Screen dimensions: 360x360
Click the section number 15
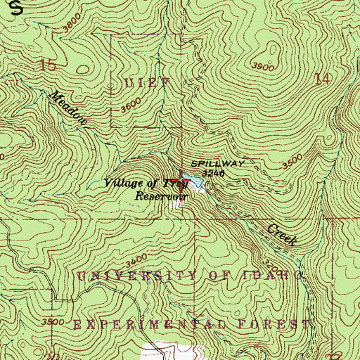[48, 67]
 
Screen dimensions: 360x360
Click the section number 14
[323, 79]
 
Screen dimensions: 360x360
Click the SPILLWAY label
[218, 162]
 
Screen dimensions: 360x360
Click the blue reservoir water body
[200, 185]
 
